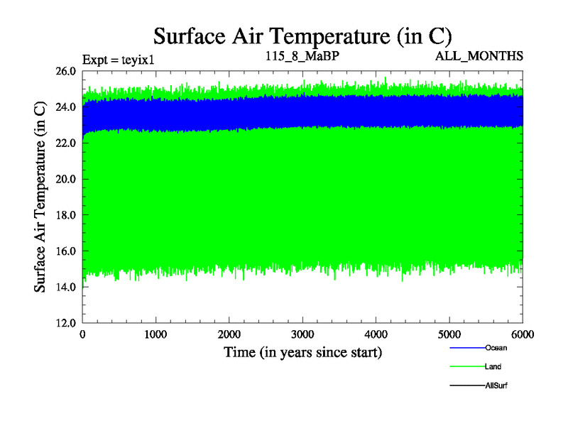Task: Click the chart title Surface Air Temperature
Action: click(303, 35)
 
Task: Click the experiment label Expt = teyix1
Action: click(119, 59)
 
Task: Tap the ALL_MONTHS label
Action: click(479, 55)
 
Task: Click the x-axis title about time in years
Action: click(303, 352)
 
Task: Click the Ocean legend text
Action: click(496, 348)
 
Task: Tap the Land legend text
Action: click(493, 366)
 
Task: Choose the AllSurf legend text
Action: click(496, 385)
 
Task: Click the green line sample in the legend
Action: click(467, 366)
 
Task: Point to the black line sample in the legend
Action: click(467, 385)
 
